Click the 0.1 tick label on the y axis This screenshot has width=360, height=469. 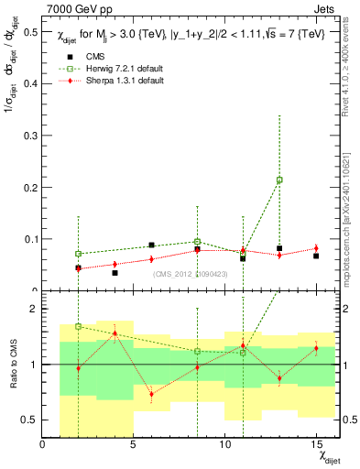point(29,239)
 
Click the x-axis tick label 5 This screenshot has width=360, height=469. point(134,444)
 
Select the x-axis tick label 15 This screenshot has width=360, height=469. point(315,444)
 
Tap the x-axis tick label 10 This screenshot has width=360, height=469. point(224,444)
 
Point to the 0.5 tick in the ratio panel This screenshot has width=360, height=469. point(29,420)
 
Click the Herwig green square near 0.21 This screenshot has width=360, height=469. point(279,180)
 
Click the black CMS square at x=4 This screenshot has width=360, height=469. point(115,273)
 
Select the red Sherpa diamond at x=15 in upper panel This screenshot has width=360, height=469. point(316,248)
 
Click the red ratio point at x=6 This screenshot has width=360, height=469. point(152,395)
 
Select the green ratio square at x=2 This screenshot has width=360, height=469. point(79,326)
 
